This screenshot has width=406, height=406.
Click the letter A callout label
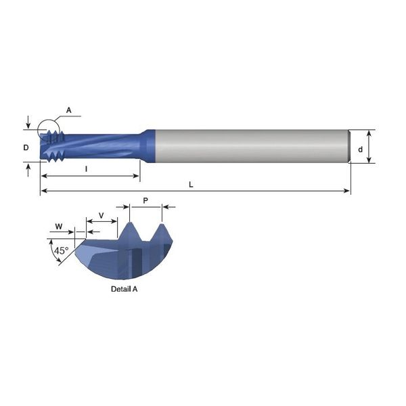point(68,110)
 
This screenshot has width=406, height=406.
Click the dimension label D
point(26,148)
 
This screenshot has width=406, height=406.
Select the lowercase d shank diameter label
point(360,150)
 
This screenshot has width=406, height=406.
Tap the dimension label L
point(191,185)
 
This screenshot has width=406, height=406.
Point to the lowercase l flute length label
point(86,169)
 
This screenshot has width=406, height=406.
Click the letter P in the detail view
point(145,200)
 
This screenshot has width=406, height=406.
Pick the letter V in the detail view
point(101,215)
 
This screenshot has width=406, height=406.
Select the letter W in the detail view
point(59,227)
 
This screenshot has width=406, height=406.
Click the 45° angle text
point(62,250)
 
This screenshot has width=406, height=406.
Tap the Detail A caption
point(124,289)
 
